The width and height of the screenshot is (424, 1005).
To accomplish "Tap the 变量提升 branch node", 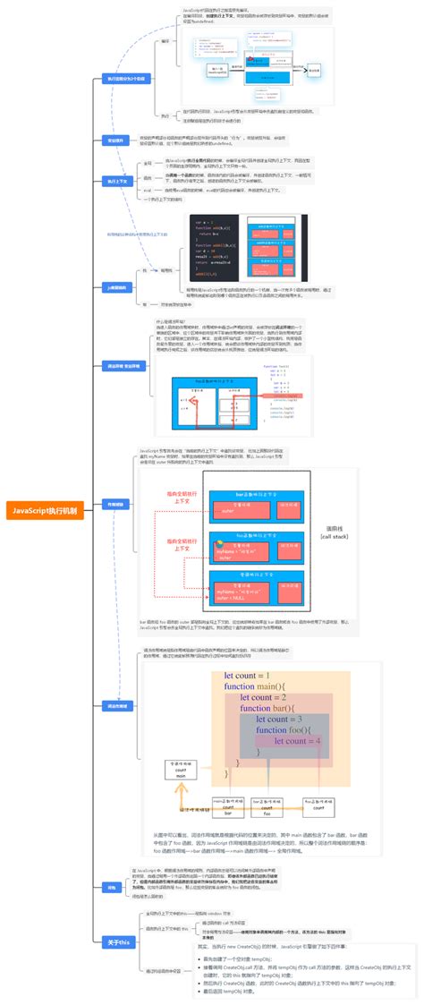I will click(115, 141).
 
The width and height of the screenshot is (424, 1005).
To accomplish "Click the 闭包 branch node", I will click(112, 887).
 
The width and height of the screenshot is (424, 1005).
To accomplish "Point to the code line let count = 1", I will click(247, 650).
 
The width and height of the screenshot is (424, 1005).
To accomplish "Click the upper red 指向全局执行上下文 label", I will click(182, 498).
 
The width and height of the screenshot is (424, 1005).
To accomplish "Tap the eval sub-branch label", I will click(148, 216).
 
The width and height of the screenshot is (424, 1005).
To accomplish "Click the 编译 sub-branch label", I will click(164, 41).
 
